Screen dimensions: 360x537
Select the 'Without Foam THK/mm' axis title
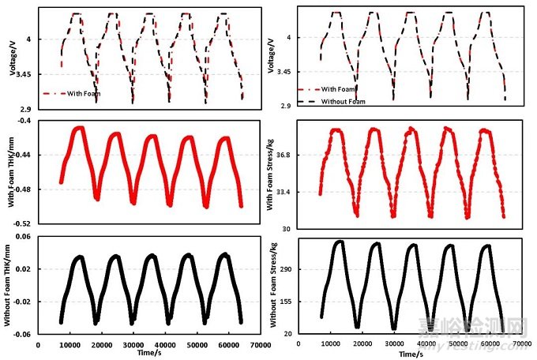[x=11, y=285]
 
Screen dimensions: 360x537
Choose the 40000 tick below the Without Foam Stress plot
[x=426, y=344]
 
